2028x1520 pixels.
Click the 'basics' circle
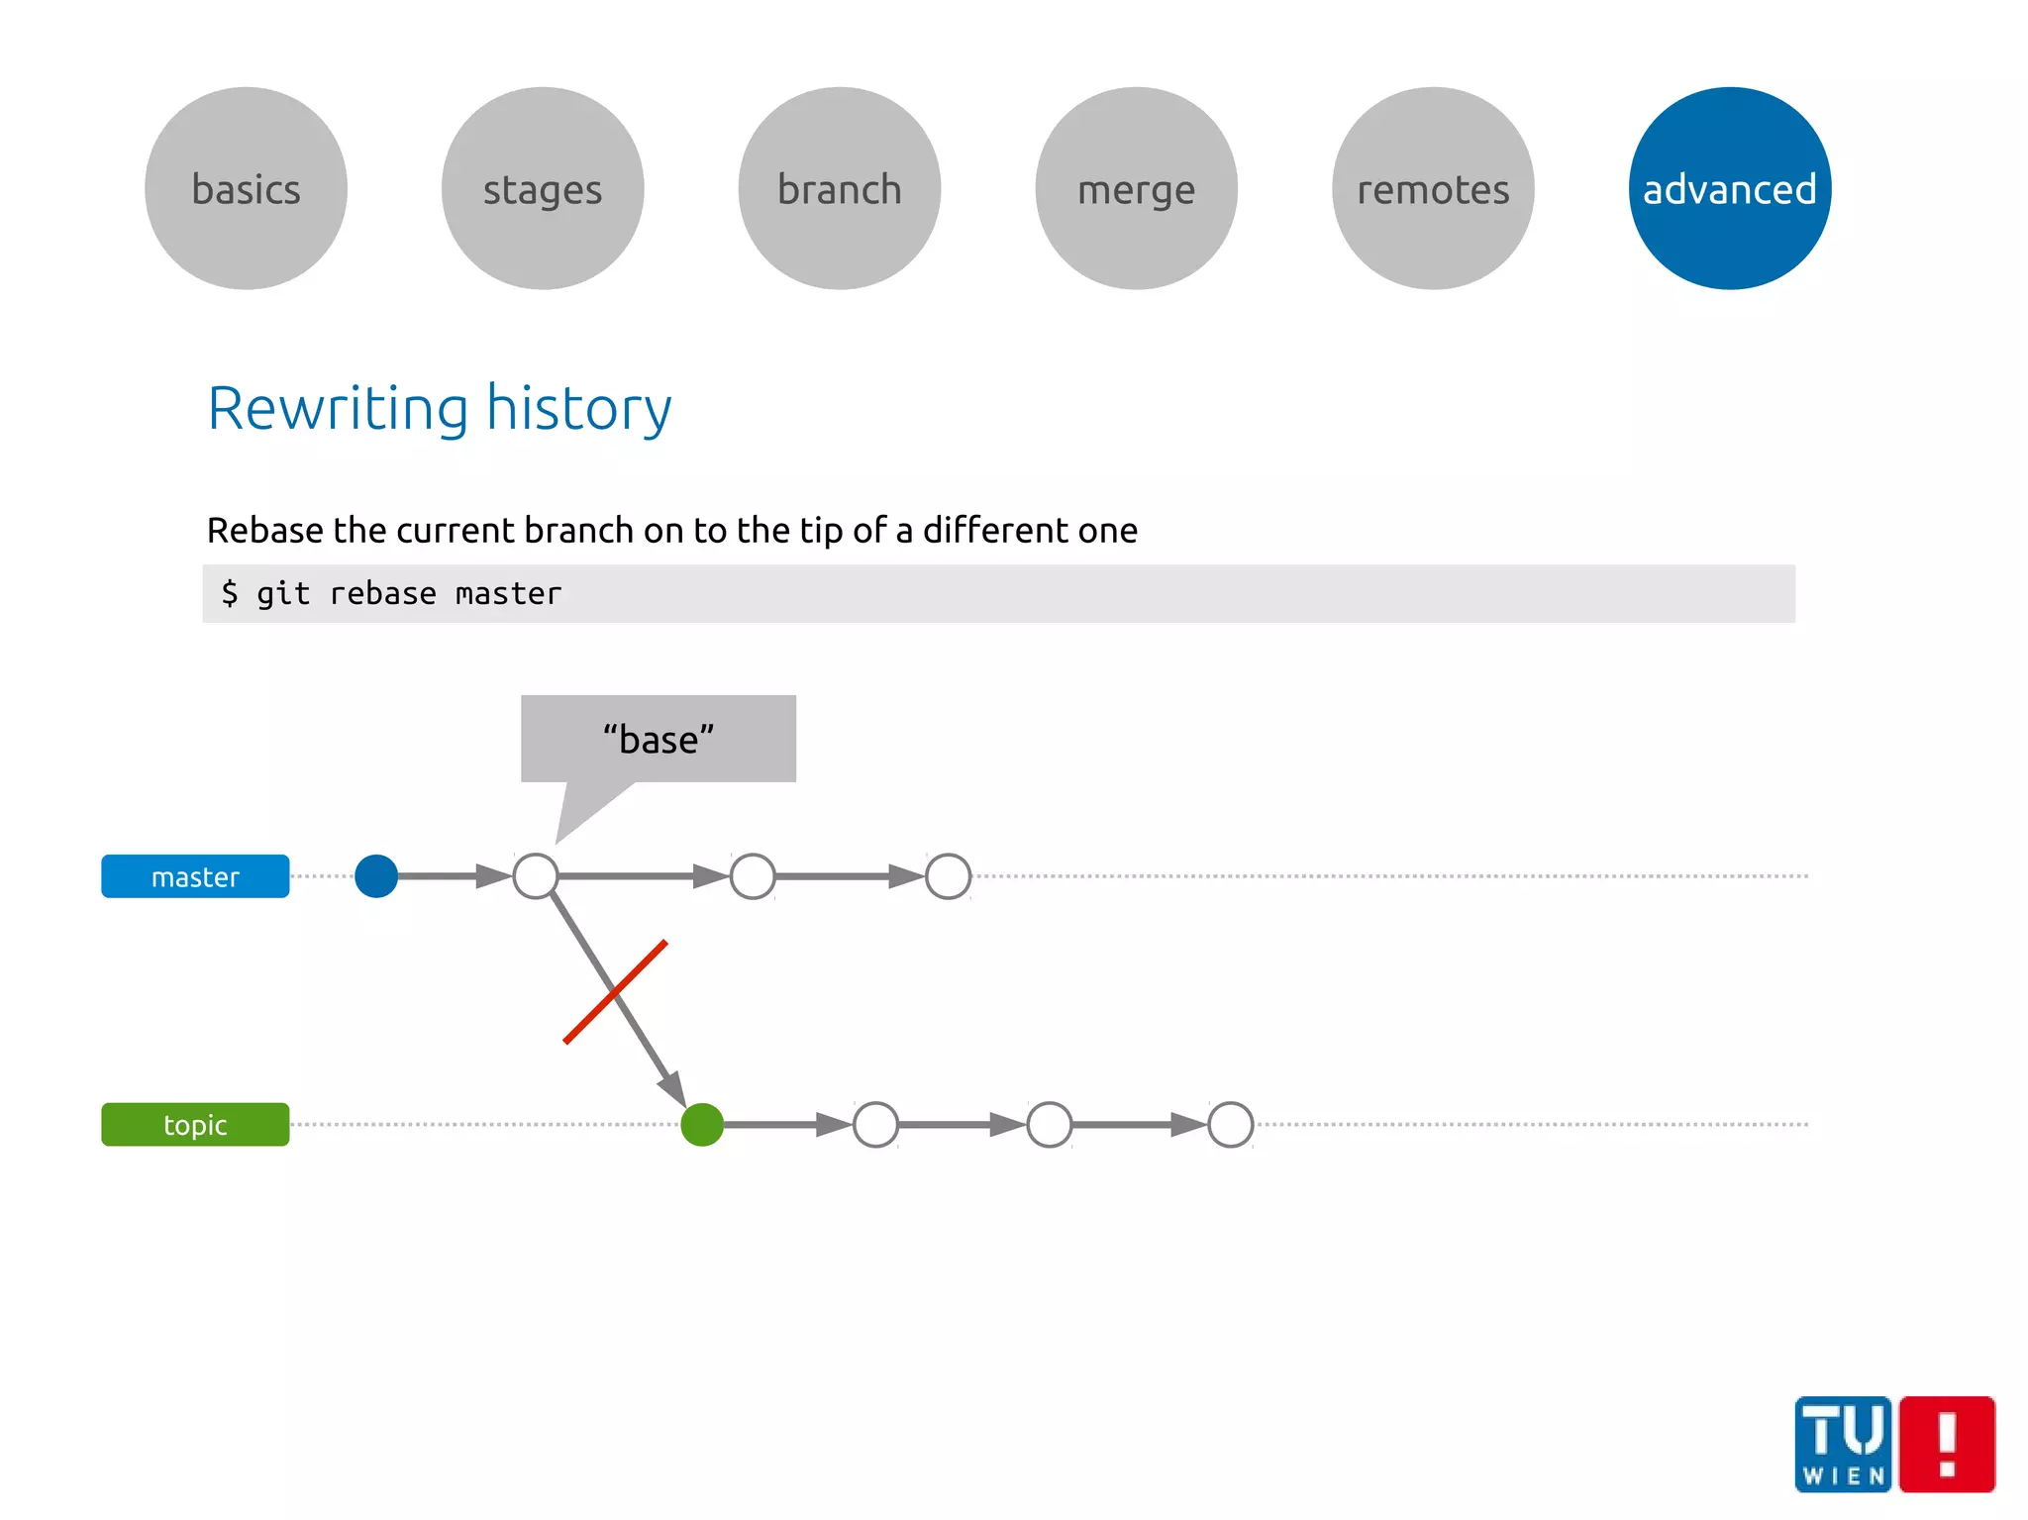pos(246,188)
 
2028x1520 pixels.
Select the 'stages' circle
pos(543,188)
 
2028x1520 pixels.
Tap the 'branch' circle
pos(840,188)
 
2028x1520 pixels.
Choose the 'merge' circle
pos(1137,188)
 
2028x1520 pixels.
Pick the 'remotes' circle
pos(1433,188)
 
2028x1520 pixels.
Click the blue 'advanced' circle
pos(1730,188)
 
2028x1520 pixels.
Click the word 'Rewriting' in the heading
pos(338,408)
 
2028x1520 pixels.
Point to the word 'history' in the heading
pos(578,408)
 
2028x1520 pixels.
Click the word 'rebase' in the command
pos(382,593)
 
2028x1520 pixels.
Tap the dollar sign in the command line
pos(230,593)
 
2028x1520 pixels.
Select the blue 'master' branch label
pos(195,876)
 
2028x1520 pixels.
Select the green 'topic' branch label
pos(195,1125)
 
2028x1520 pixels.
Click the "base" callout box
pos(659,739)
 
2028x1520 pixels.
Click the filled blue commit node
pos(376,876)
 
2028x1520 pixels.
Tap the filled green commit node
pos(702,1125)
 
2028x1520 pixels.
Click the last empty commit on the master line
pos(948,876)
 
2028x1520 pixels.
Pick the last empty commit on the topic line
pos(1231,1125)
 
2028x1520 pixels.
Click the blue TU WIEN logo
pos(1843,1444)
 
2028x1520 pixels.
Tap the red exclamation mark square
pos(1948,1444)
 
